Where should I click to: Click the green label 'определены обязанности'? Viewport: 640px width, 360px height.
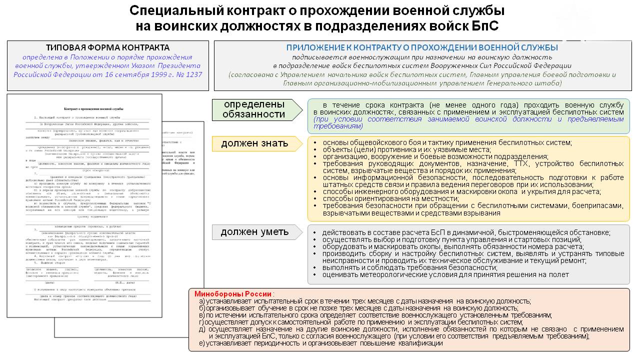(254, 109)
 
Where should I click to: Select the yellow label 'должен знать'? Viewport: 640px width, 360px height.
(254, 143)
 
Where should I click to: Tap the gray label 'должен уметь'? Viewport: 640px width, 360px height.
(254, 231)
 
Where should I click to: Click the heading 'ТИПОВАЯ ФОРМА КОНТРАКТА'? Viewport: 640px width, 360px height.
(107, 47)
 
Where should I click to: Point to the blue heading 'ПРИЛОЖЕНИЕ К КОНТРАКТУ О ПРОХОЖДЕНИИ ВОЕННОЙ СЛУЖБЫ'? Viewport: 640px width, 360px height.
(422, 48)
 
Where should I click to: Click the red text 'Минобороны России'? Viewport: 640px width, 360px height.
(233, 293)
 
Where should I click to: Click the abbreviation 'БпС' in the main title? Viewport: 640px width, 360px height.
(485, 26)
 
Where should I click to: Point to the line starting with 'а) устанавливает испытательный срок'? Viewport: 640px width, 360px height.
(364, 301)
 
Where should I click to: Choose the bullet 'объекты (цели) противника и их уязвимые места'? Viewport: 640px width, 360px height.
(406, 149)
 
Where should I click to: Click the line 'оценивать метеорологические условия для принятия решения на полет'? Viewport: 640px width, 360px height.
(445, 274)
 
